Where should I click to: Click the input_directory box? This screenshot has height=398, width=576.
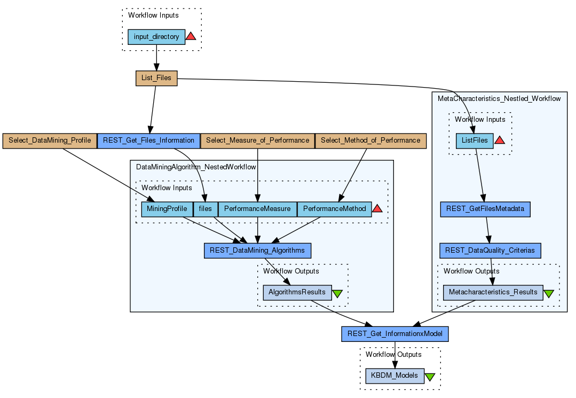pos(156,37)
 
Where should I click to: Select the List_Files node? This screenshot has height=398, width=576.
pos(156,78)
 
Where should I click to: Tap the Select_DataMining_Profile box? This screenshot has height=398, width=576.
pos(50,141)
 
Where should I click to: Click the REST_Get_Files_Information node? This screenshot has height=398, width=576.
pos(148,141)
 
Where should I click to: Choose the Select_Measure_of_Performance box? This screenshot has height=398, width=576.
pos(257,141)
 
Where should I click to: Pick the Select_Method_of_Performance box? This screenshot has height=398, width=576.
pos(370,141)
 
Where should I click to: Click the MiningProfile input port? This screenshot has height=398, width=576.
pos(167,209)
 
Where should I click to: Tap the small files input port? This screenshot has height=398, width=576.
pos(206,209)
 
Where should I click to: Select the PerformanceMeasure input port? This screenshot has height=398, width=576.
pos(257,209)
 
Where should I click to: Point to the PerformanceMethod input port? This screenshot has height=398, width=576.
pos(334,209)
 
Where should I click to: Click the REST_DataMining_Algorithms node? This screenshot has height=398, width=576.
pos(257,250)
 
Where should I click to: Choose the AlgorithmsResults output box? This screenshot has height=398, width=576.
pos(297,292)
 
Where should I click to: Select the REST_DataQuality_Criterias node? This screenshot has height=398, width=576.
pos(491,250)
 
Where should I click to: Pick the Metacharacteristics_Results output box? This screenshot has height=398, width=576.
pos(493,292)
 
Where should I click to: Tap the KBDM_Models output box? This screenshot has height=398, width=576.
pos(395,376)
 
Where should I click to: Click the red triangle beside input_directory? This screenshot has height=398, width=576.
pos(191,36)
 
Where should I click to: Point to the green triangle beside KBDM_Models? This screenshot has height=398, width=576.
pos(430,377)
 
